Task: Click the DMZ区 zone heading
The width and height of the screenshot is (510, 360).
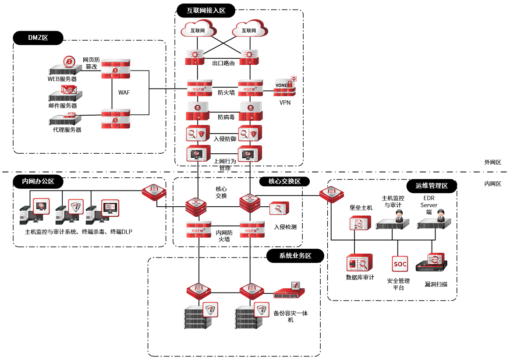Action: [38, 38]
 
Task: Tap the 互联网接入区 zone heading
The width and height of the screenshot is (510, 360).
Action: [206, 11]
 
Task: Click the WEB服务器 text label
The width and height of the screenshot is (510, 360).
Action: [62, 79]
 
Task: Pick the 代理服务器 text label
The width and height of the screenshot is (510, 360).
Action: [67, 130]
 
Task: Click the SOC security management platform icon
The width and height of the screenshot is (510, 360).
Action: [400, 264]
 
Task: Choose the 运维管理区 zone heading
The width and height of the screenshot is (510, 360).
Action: [432, 186]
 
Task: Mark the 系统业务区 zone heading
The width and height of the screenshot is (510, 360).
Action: [295, 256]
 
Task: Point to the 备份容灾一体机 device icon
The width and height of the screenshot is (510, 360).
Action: [290, 291]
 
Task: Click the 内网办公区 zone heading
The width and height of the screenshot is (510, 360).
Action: [38, 181]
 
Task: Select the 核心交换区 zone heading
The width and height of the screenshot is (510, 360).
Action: [285, 181]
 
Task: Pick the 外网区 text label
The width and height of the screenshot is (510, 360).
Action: [492, 162]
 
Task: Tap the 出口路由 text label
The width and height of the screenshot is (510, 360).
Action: [223, 64]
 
